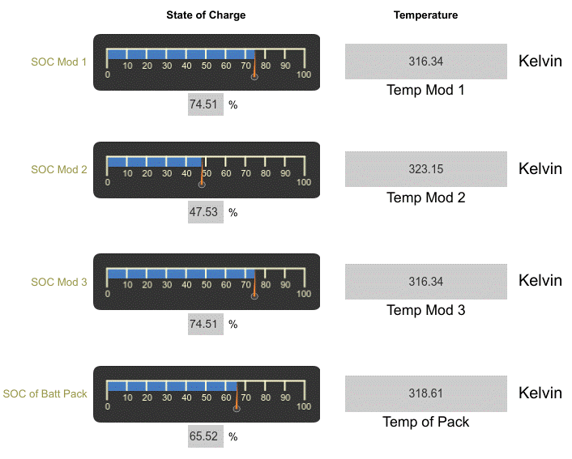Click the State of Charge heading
(x=206, y=15)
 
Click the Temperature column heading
(x=425, y=15)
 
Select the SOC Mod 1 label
(x=58, y=62)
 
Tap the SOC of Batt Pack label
(x=45, y=394)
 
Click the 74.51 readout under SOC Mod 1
(x=206, y=104)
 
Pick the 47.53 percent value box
(x=206, y=212)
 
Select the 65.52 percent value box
(x=206, y=436)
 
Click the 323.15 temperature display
(x=426, y=170)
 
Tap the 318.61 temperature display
(x=426, y=393)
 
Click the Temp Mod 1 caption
(x=425, y=90)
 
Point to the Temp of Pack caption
(x=425, y=422)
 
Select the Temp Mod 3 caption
(x=425, y=310)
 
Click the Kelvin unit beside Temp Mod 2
(x=540, y=169)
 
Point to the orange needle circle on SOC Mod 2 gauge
(x=202, y=185)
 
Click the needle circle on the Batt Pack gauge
(x=237, y=408)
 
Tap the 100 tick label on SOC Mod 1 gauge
(x=304, y=75)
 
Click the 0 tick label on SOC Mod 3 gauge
(x=108, y=295)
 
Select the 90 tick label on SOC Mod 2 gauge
(x=285, y=173)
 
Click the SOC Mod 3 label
(x=58, y=283)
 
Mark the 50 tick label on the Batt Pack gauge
(x=207, y=397)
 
